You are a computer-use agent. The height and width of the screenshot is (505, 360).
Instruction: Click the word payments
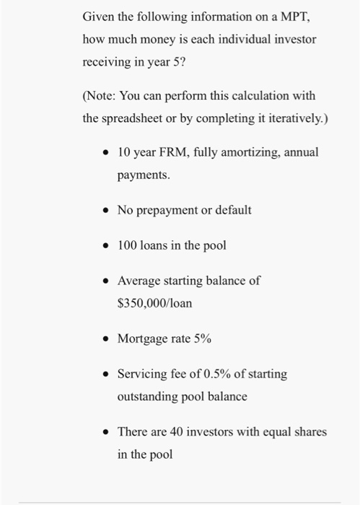point(144,175)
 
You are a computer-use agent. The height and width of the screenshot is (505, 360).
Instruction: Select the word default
point(233,211)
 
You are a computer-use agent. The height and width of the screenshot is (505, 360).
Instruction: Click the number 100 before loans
point(127,245)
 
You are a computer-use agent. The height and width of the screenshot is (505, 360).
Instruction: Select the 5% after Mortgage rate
point(202,338)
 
